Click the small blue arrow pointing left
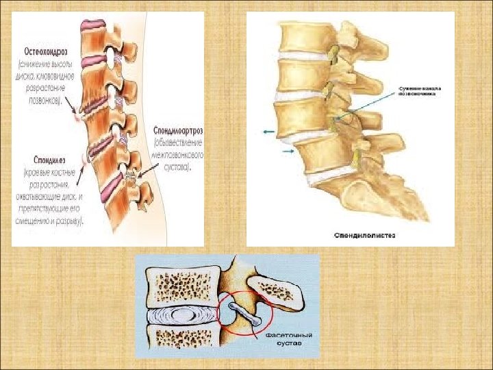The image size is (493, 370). tap(268, 129)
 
